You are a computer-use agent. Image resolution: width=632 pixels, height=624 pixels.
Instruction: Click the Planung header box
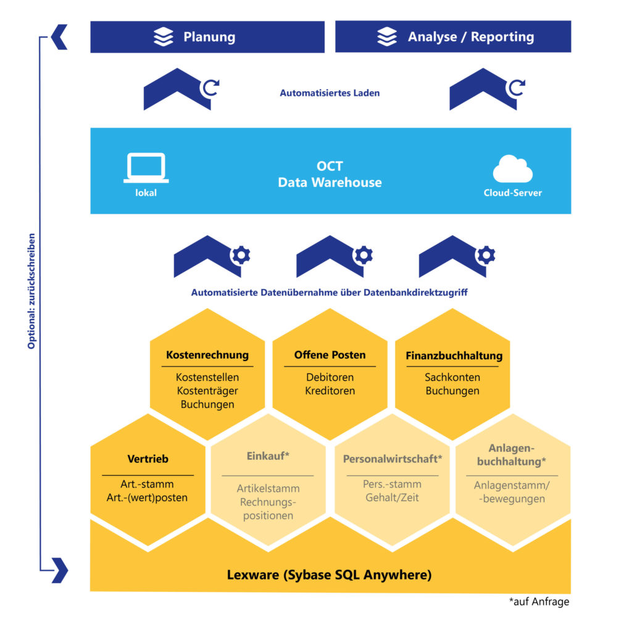point(207,37)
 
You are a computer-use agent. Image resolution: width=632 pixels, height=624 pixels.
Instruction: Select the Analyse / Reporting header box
point(452,37)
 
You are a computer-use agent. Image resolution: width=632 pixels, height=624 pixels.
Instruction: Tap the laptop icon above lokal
point(146,167)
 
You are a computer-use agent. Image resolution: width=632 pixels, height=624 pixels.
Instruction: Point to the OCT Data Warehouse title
point(330,175)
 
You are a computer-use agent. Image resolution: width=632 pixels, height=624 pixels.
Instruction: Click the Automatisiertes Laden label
point(330,93)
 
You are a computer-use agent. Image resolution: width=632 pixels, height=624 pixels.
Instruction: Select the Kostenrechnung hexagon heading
point(207,355)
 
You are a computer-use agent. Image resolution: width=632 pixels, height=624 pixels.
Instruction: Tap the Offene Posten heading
point(330,355)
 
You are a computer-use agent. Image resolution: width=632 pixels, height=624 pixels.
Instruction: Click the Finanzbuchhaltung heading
point(454,356)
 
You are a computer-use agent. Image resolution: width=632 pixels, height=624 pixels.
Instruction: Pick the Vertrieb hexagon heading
point(148,459)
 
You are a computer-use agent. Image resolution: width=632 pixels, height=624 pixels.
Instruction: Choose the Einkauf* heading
point(268,456)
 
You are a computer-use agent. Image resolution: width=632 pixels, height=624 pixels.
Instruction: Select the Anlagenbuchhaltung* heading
point(512,454)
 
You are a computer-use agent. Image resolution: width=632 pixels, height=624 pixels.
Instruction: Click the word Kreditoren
point(330,391)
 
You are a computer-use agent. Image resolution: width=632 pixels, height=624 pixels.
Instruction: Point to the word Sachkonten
point(452,377)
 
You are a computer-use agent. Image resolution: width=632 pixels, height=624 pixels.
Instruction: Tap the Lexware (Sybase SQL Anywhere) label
point(330,575)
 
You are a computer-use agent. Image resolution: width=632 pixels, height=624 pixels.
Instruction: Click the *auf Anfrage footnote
point(539,602)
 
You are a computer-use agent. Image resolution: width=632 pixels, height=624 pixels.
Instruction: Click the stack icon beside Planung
point(164,37)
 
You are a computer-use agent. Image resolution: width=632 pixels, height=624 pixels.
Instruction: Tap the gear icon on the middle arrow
point(363,255)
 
